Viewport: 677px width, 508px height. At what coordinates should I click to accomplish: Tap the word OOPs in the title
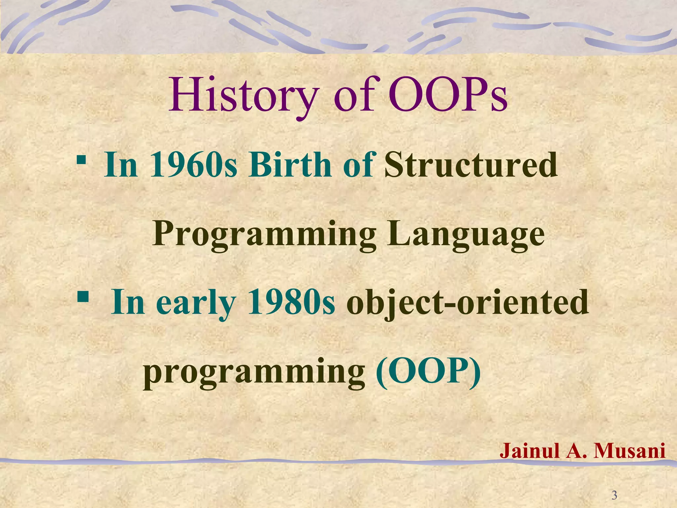pyautogui.click(x=448, y=96)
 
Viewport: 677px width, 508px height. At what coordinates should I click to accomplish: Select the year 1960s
pyautogui.click(x=194, y=165)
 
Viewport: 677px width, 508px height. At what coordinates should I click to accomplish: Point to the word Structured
pyautogui.click(x=471, y=165)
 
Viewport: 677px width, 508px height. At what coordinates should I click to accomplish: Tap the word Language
pyautogui.click(x=466, y=234)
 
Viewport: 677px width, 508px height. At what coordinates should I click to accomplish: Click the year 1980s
pyautogui.click(x=291, y=303)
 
